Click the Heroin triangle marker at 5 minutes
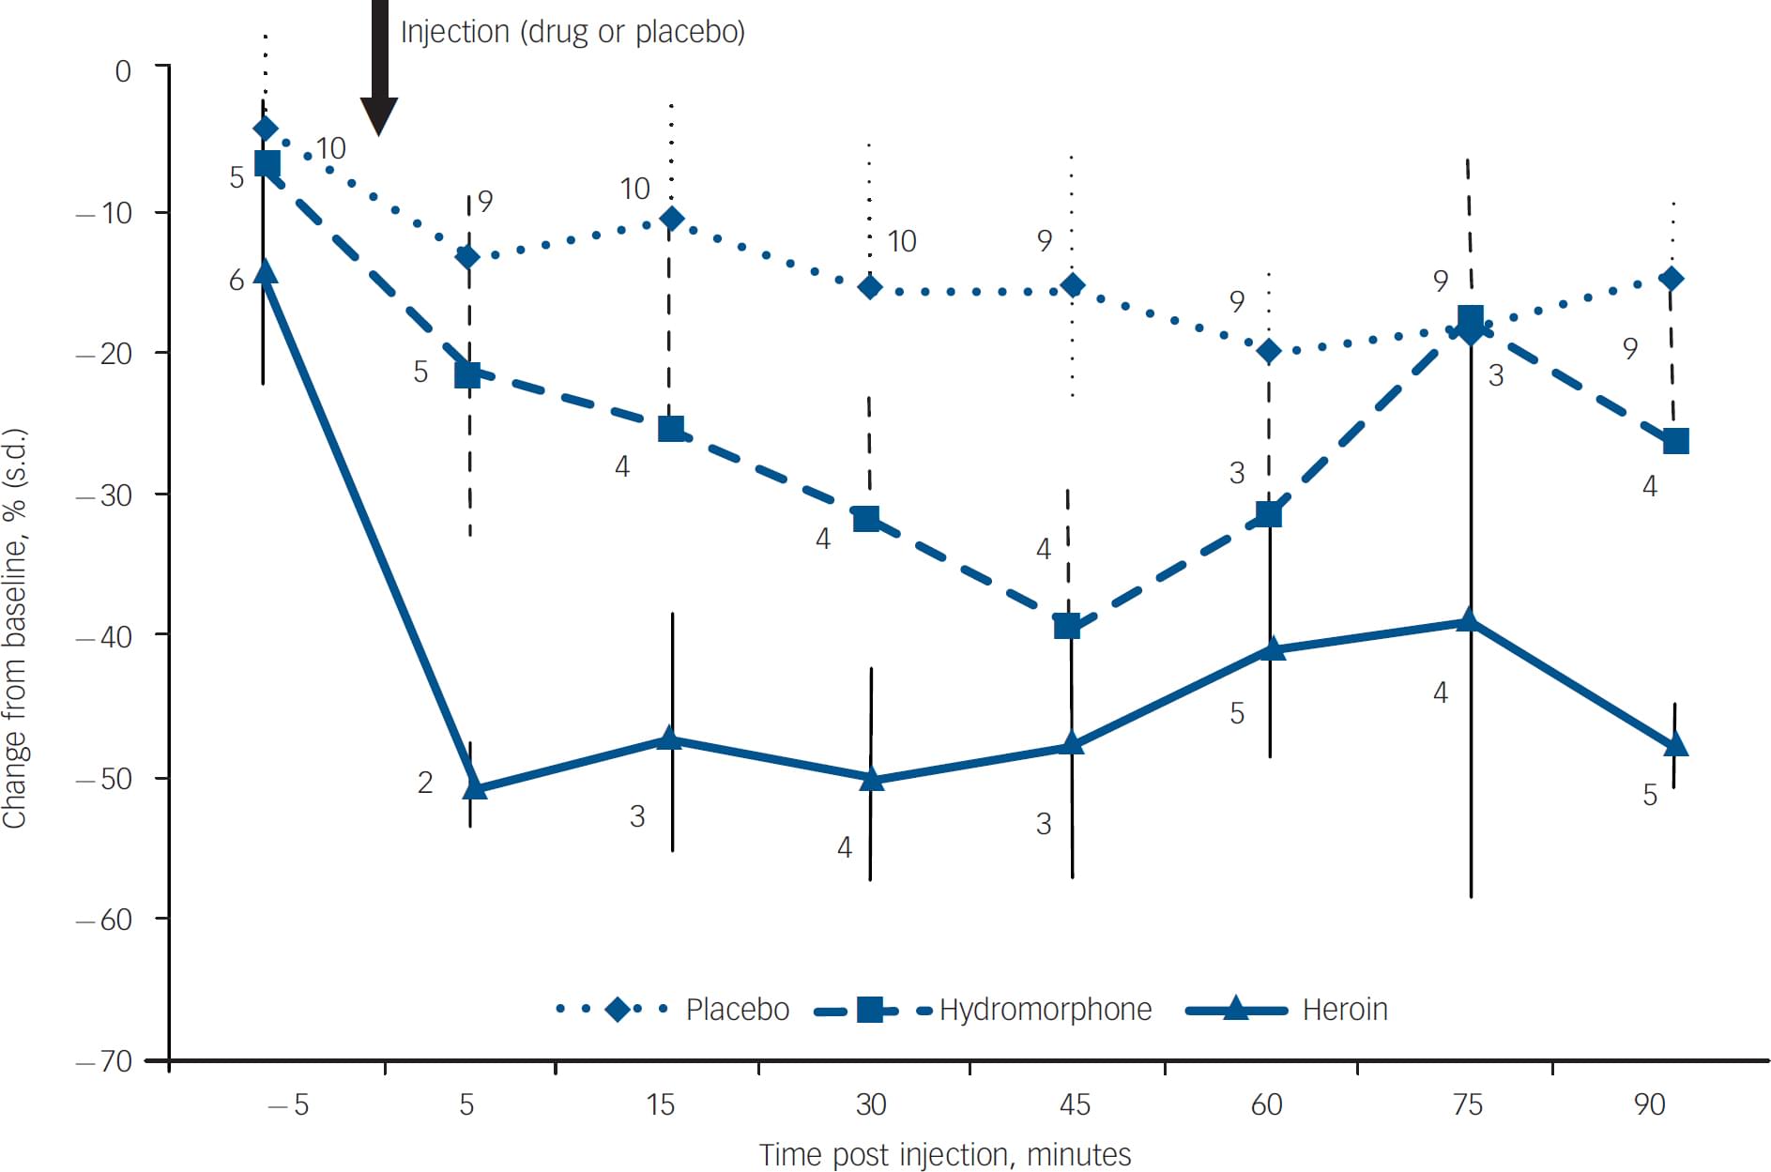475,787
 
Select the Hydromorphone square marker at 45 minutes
1067,625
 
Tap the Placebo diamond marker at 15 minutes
671,219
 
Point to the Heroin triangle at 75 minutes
1469,620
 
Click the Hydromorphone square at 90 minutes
1675,441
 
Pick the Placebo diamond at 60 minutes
1269,352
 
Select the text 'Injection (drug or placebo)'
573,32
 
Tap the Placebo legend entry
737,1010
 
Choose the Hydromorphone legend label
1045,1010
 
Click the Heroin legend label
1344,1010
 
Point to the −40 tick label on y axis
104,637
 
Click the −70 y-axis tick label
104,1061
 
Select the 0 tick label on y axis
123,71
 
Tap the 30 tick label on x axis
871,1104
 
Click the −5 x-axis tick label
288,1104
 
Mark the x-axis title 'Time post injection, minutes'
944,1154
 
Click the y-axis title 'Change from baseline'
15,629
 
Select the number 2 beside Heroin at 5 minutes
425,783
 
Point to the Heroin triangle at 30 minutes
871,779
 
